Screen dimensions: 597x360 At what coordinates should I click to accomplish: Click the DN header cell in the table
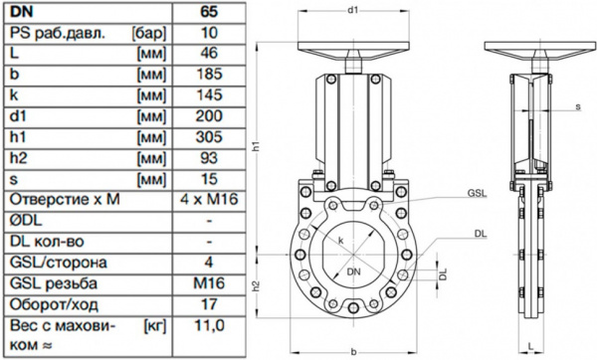(22, 12)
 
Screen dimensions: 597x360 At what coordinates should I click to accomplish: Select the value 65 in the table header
(209, 12)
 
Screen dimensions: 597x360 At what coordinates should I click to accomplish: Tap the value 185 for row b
(209, 74)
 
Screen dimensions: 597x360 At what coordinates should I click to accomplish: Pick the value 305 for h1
(209, 136)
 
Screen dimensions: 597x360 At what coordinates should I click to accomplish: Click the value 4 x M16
(209, 200)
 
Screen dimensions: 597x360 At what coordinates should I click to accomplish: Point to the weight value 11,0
(209, 326)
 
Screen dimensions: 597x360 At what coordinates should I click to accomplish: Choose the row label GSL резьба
(54, 283)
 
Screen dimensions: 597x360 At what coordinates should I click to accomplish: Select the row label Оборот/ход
(54, 305)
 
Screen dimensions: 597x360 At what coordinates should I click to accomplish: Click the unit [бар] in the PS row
(149, 33)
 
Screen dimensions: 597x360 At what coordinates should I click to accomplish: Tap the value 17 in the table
(209, 304)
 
